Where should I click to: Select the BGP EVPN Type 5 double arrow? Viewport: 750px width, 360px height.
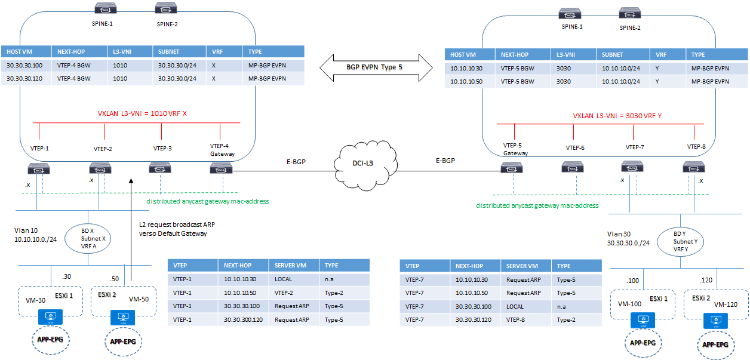click(374, 67)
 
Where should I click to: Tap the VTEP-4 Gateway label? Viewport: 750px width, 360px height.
click(222, 149)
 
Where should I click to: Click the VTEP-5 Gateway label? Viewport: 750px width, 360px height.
click(515, 149)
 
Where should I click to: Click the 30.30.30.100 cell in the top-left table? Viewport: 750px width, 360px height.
click(25, 65)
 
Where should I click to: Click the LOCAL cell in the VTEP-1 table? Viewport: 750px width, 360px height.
click(283, 279)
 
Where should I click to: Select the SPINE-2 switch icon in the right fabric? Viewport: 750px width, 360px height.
click(629, 13)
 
